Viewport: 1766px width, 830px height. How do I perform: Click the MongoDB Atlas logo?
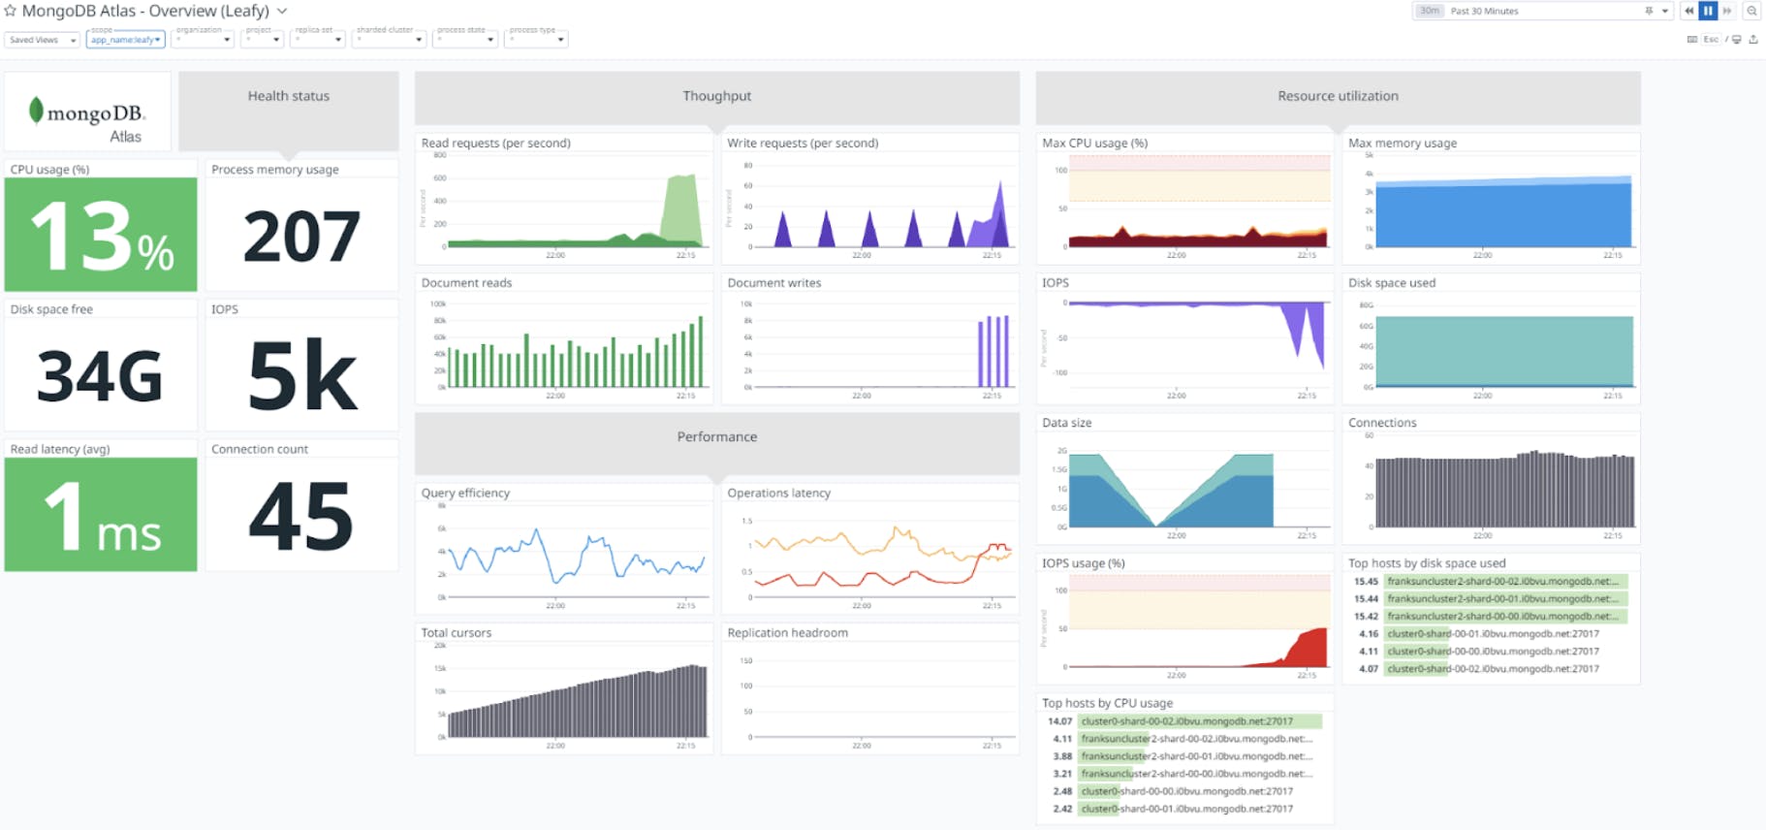point(87,119)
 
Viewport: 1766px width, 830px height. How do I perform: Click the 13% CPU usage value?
point(101,237)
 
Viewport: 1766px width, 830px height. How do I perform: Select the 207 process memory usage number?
point(301,237)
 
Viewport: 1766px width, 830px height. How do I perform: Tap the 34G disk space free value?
point(100,376)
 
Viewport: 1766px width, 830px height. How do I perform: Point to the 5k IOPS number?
point(301,376)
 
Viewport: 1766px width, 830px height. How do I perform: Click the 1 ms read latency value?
point(101,517)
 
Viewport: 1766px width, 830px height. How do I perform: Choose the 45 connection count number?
point(301,517)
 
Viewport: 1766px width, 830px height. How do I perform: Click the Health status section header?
point(288,96)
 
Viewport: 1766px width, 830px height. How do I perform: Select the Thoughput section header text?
point(716,96)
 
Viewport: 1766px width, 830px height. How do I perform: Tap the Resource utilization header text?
point(1338,96)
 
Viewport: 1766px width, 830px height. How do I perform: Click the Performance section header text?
point(716,437)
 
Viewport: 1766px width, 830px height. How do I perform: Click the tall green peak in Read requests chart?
point(681,208)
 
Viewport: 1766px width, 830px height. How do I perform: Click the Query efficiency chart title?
point(465,493)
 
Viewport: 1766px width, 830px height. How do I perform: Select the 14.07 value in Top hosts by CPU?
point(1059,721)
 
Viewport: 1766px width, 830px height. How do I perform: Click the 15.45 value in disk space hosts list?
point(1366,582)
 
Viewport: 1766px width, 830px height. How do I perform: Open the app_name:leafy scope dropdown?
point(126,40)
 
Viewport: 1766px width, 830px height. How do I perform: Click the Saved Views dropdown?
point(42,40)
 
